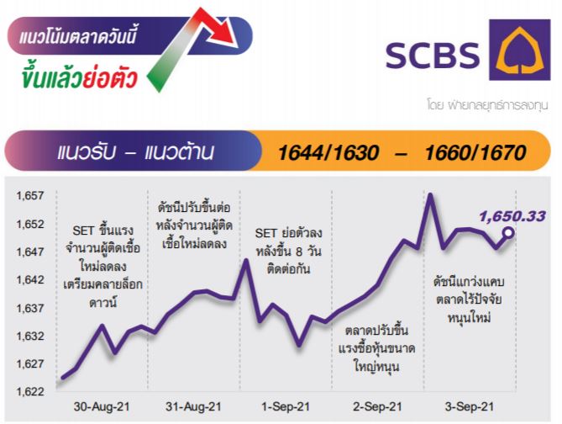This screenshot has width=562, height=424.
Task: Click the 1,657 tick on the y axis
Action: (x=30, y=196)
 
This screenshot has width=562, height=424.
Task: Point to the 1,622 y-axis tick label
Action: (x=30, y=391)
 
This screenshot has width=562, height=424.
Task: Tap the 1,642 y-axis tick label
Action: (x=30, y=279)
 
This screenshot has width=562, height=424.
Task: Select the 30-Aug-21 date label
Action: (x=102, y=407)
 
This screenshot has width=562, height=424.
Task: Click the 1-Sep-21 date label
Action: (x=286, y=407)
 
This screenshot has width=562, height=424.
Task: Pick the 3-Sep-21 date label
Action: (x=469, y=407)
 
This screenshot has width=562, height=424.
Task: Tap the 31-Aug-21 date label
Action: (x=193, y=407)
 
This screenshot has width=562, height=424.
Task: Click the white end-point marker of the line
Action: (x=508, y=233)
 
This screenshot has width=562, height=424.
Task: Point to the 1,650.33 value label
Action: (x=512, y=216)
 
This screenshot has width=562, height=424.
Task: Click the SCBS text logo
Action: (x=433, y=56)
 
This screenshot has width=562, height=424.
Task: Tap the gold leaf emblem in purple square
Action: (x=520, y=50)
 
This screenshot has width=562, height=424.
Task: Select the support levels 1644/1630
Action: (x=328, y=152)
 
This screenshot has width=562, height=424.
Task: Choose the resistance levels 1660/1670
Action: (x=475, y=152)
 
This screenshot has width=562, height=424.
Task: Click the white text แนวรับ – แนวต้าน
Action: (x=135, y=152)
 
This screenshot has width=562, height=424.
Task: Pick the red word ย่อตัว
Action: (x=110, y=77)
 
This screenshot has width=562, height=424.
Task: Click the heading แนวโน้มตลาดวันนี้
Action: (x=78, y=35)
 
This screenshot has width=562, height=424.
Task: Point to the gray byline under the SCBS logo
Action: (x=487, y=105)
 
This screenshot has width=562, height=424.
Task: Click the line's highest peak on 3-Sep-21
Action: (x=430, y=195)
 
